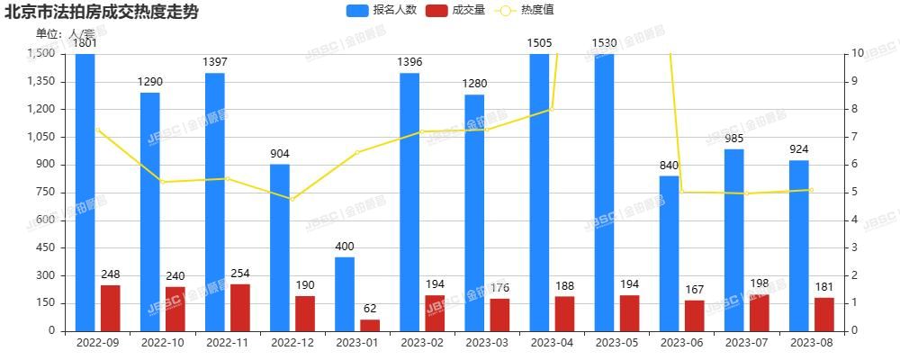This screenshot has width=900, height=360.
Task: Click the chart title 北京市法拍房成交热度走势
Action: [x=102, y=13]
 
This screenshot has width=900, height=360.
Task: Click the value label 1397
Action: [x=215, y=62]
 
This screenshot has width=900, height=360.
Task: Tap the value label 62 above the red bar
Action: [x=370, y=308]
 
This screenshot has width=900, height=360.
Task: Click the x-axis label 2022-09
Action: [x=97, y=342]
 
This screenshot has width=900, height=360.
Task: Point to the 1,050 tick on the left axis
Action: [x=42, y=137]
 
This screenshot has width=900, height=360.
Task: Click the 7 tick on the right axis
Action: [x=859, y=137]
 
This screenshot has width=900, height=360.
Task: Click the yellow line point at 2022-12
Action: [x=292, y=199]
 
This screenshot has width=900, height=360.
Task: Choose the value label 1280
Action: [x=474, y=84]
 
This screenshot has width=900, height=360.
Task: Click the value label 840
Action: [x=669, y=165]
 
